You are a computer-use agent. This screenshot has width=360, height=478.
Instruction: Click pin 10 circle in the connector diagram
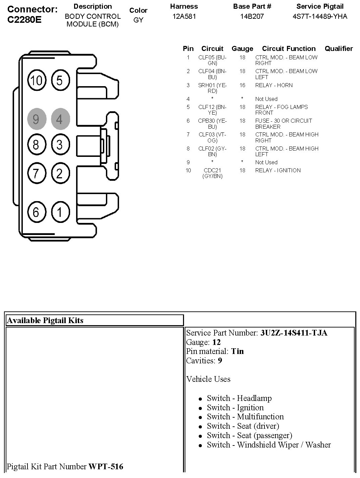click(37, 80)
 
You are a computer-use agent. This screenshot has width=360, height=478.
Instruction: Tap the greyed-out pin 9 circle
click(36, 119)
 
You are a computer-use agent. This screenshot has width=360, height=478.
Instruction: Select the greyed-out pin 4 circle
click(60, 119)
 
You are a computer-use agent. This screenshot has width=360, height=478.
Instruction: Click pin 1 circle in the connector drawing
click(60, 212)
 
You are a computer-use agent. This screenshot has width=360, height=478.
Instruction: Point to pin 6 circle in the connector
click(36, 212)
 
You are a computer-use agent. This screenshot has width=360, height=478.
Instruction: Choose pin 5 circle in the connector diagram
click(60, 80)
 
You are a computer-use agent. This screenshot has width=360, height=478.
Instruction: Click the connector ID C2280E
click(24, 19)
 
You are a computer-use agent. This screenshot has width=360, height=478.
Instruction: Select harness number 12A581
click(184, 16)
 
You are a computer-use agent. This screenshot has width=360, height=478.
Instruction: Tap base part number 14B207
click(252, 16)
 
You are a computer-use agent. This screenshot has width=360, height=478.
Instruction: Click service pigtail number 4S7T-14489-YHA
click(320, 16)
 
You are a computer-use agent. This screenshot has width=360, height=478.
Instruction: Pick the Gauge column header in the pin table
click(242, 49)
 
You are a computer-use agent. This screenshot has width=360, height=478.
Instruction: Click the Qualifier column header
click(339, 49)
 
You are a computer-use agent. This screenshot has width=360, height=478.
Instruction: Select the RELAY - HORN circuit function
click(274, 85)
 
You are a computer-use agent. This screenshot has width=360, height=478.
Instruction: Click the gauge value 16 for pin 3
click(242, 85)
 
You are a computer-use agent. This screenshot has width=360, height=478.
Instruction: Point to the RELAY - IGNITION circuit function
click(278, 170)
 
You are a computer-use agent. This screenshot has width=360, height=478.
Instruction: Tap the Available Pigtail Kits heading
click(45, 320)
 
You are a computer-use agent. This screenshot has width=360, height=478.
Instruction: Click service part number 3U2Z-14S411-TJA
click(294, 333)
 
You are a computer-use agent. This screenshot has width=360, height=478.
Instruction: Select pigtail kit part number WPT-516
click(106, 466)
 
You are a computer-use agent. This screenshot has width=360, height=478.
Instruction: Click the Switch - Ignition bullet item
click(235, 408)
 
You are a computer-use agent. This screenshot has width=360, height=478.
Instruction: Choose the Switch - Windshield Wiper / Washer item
click(268, 445)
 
